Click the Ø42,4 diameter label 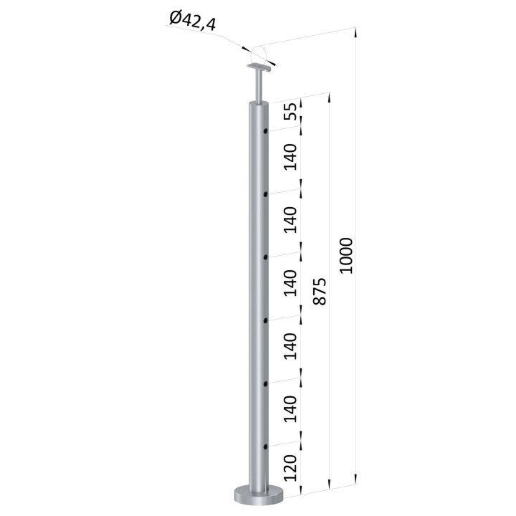click(193, 21)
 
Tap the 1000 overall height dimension click(346, 255)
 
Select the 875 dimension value click(320, 292)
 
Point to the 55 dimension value click(290, 112)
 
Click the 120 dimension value click(290, 468)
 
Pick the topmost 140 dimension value click(290, 157)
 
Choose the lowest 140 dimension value click(290, 409)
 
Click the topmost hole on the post click(265, 131)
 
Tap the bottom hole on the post click(265, 446)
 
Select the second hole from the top click(265, 194)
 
